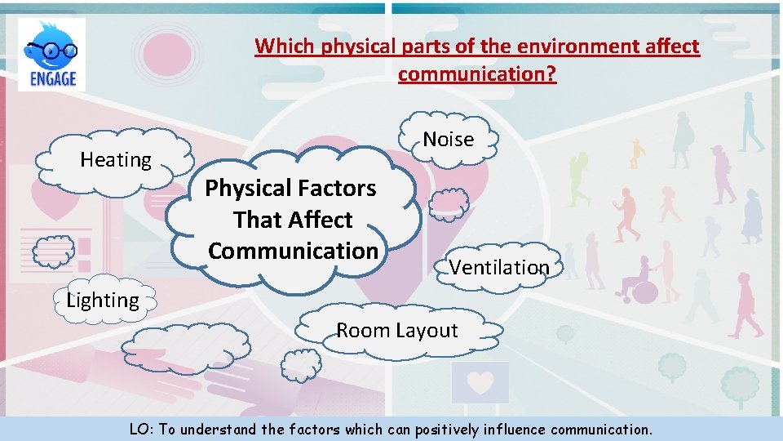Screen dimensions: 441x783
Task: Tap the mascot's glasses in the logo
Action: point(51,51)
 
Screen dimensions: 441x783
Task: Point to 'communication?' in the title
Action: point(477,75)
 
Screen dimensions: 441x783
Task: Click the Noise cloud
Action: point(448,139)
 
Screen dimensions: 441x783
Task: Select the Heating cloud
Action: point(116,160)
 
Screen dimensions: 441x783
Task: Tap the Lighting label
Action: point(103,301)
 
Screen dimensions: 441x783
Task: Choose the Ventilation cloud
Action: point(499,267)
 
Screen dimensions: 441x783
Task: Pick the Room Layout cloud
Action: point(397,331)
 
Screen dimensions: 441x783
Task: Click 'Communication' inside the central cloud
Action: point(293,251)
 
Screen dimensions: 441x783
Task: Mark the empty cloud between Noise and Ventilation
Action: point(449,203)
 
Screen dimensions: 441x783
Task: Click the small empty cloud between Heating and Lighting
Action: point(53,252)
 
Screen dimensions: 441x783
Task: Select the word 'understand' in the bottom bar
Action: point(217,429)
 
